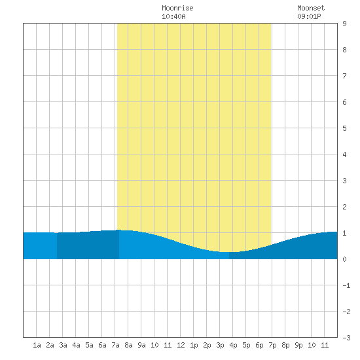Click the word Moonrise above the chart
[177, 8]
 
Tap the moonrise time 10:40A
[173, 16]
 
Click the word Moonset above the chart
[311, 8]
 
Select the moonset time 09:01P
[309, 16]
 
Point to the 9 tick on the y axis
[344, 24]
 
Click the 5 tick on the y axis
[344, 128]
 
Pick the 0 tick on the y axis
[344, 259]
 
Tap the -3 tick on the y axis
[346, 338]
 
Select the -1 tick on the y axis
[346, 285]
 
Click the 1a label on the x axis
[37, 345]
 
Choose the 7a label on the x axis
[115, 345]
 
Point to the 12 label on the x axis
[181, 345]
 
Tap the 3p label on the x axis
[220, 345]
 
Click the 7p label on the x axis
[272, 345]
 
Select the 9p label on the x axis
[298, 345]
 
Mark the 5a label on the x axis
[89, 345]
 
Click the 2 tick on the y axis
[344, 207]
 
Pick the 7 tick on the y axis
[344, 76]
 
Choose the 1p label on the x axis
[194, 345]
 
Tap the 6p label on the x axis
[259, 345]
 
